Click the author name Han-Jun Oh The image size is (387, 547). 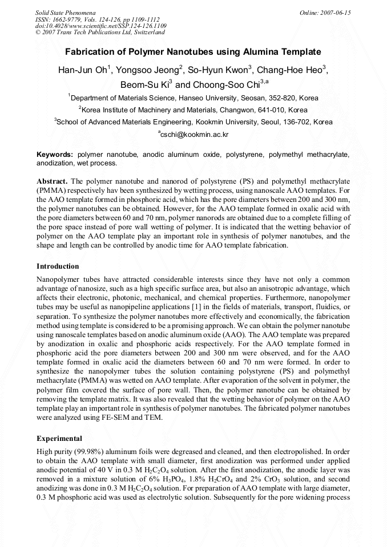click(82, 71)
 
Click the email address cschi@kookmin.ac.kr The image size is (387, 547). click(194, 135)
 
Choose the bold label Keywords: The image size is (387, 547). click(55, 155)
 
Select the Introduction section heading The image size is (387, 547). click(58, 266)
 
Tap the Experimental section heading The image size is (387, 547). click(59, 439)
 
